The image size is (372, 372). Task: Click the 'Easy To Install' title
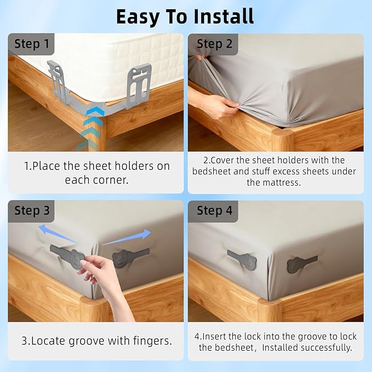pos(185,16)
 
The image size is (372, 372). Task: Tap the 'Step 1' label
pos(32,44)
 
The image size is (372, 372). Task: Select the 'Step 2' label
pos(214,44)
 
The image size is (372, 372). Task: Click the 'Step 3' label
pos(32,211)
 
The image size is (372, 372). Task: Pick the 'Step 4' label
pos(214,211)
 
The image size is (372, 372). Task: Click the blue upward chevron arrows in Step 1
pos(91,128)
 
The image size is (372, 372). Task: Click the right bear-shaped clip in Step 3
pos(129,257)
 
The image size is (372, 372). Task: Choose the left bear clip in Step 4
pos(242,259)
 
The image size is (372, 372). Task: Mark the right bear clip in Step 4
pos(301,264)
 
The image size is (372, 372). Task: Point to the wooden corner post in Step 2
pos(282,140)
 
